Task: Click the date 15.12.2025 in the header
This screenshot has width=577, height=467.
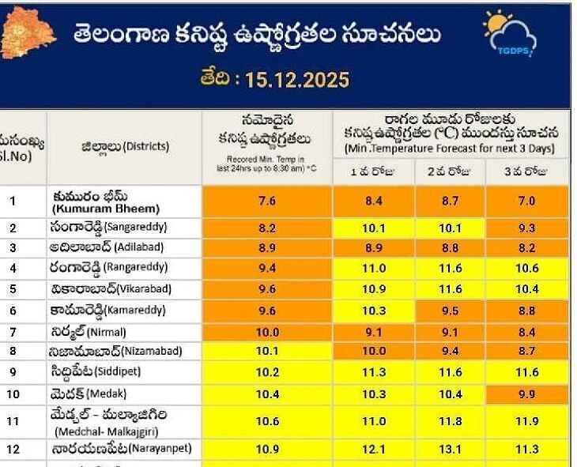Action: tap(274, 80)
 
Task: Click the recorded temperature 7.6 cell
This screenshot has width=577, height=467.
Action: tap(267, 201)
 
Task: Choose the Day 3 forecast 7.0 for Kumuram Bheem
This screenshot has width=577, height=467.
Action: tap(526, 201)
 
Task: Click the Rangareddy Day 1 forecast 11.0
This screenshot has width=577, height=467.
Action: tap(373, 269)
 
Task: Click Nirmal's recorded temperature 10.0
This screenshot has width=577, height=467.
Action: tap(267, 332)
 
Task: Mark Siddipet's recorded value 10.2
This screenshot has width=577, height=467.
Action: tap(267, 372)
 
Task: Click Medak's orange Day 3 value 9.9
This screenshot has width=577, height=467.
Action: tap(526, 394)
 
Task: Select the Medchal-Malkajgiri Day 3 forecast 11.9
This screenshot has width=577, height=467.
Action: tap(526, 422)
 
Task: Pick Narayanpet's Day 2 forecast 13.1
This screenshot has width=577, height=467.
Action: tap(450, 449)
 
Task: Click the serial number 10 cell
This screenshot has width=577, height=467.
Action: tap(13, 394)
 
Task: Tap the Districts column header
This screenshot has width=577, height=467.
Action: tap(125, 147)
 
